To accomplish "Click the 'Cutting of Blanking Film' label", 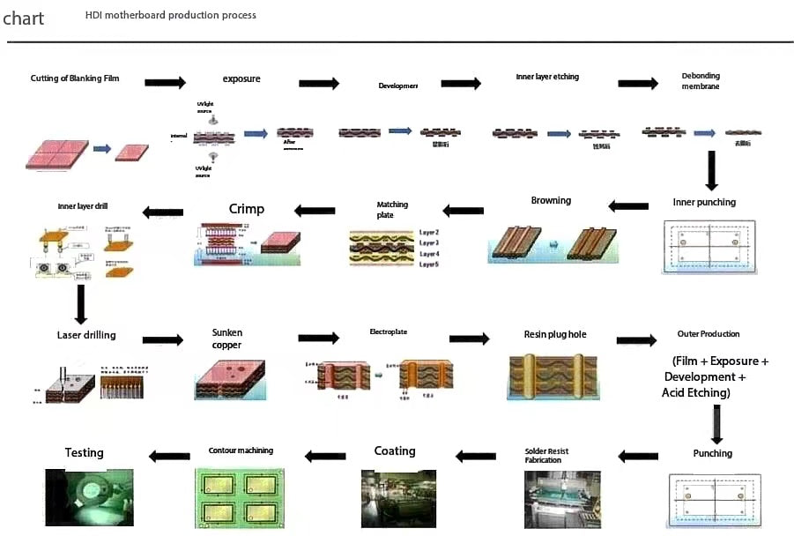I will pos(74,78).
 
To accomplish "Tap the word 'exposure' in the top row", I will pos(241,79).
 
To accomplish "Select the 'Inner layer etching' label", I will pos(547,77).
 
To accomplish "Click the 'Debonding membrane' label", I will pos(701,81).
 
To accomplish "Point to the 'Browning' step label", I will pos(551,200).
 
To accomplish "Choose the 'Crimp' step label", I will pos(247,209).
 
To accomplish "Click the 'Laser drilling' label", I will pos(86,335).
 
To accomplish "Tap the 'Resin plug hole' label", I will pos(554,335).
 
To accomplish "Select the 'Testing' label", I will pos(84,452).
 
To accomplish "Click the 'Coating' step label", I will pos(394,450).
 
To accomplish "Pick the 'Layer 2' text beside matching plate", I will pos(429,232).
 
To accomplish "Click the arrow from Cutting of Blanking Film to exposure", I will pos(165,83).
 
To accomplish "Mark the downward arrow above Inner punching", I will pos(712,171).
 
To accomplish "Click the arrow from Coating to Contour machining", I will pos(325,456).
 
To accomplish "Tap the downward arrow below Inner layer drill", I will pos(80,304).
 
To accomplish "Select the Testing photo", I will pos(89,498).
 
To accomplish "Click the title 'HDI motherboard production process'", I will pos(171,15).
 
